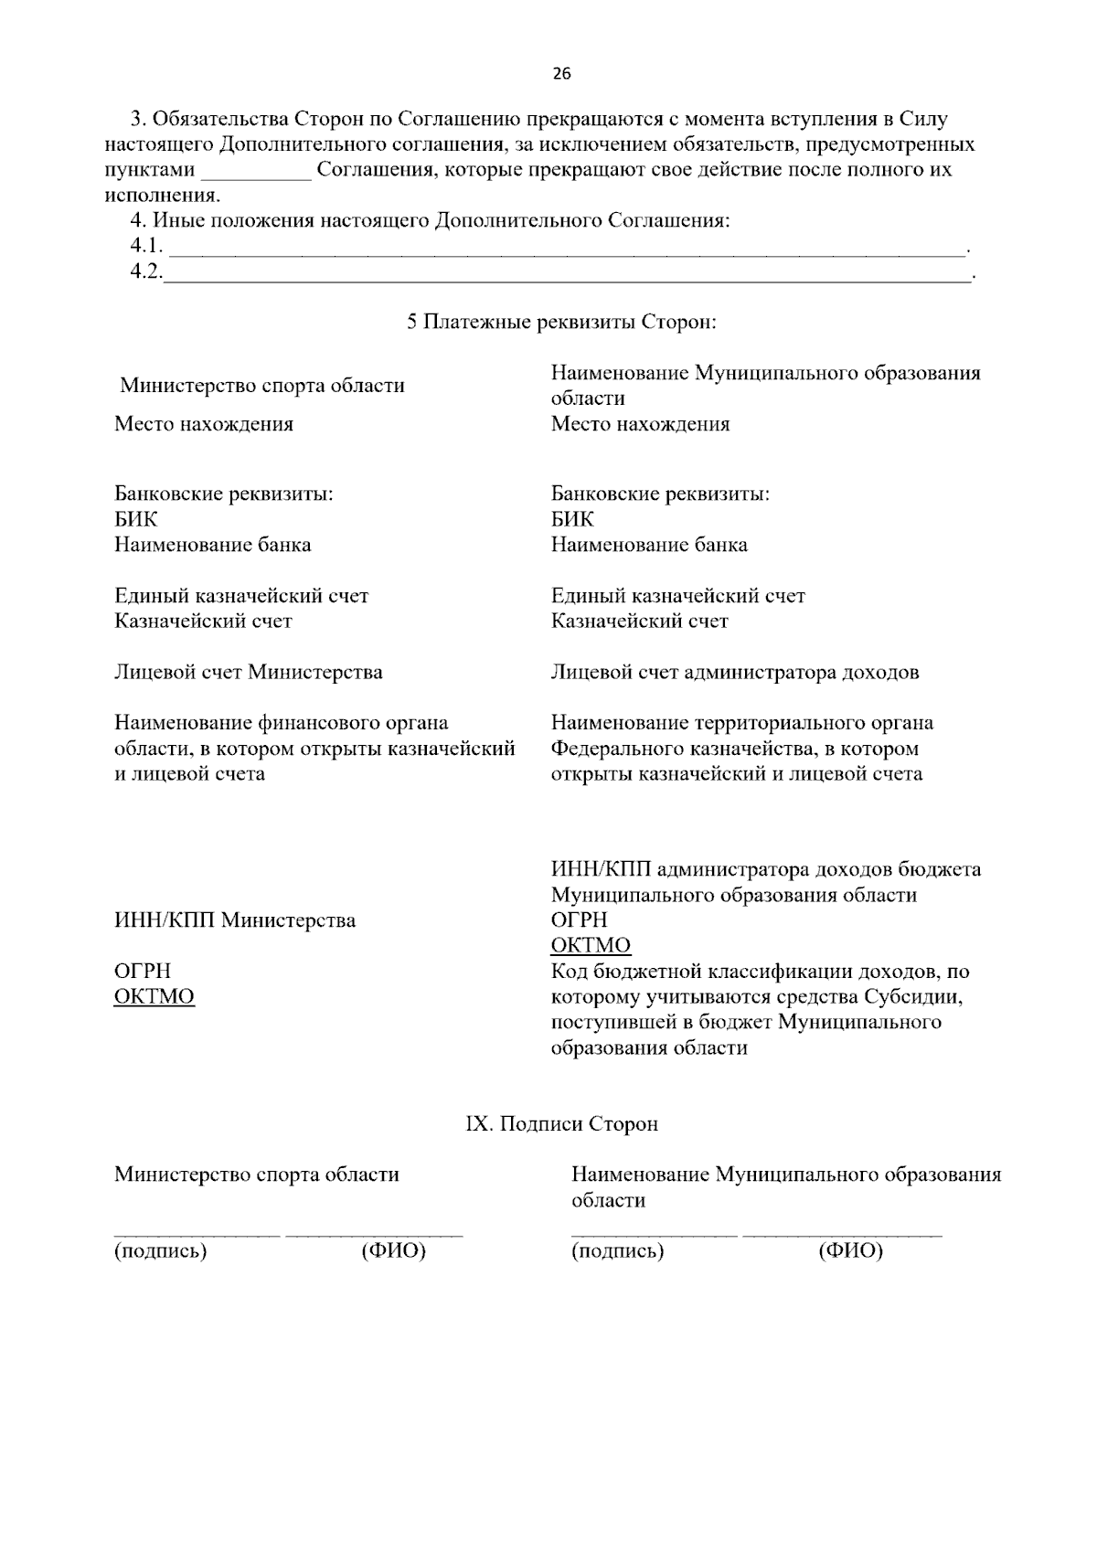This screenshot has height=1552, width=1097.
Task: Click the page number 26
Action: point(561,75)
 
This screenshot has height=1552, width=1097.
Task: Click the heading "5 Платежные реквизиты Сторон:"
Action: point(561,323)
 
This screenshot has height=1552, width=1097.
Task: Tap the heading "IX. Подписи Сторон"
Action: point(561,1124)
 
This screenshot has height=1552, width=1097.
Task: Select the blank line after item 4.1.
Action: point(567,250)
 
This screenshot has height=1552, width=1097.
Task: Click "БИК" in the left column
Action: point(135,519)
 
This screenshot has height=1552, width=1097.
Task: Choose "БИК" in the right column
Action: point(572,519)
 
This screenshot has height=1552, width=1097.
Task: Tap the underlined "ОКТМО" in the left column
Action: point(154,996)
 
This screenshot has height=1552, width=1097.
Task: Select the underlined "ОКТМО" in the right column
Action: point(591,945)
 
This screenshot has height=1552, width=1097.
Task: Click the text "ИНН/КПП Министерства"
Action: point(235,920)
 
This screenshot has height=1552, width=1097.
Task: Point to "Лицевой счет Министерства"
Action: point(248,673)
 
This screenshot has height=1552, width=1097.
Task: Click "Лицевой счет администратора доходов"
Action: point(735,673)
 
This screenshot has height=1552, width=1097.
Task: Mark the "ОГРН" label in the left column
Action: point(142,971)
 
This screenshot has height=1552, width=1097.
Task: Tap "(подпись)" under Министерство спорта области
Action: point(160,1250)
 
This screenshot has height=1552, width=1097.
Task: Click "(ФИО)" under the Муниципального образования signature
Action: point(851,1250)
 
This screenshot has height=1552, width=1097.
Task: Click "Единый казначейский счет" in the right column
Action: point(677,596)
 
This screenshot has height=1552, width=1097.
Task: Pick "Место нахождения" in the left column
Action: point(204,424)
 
